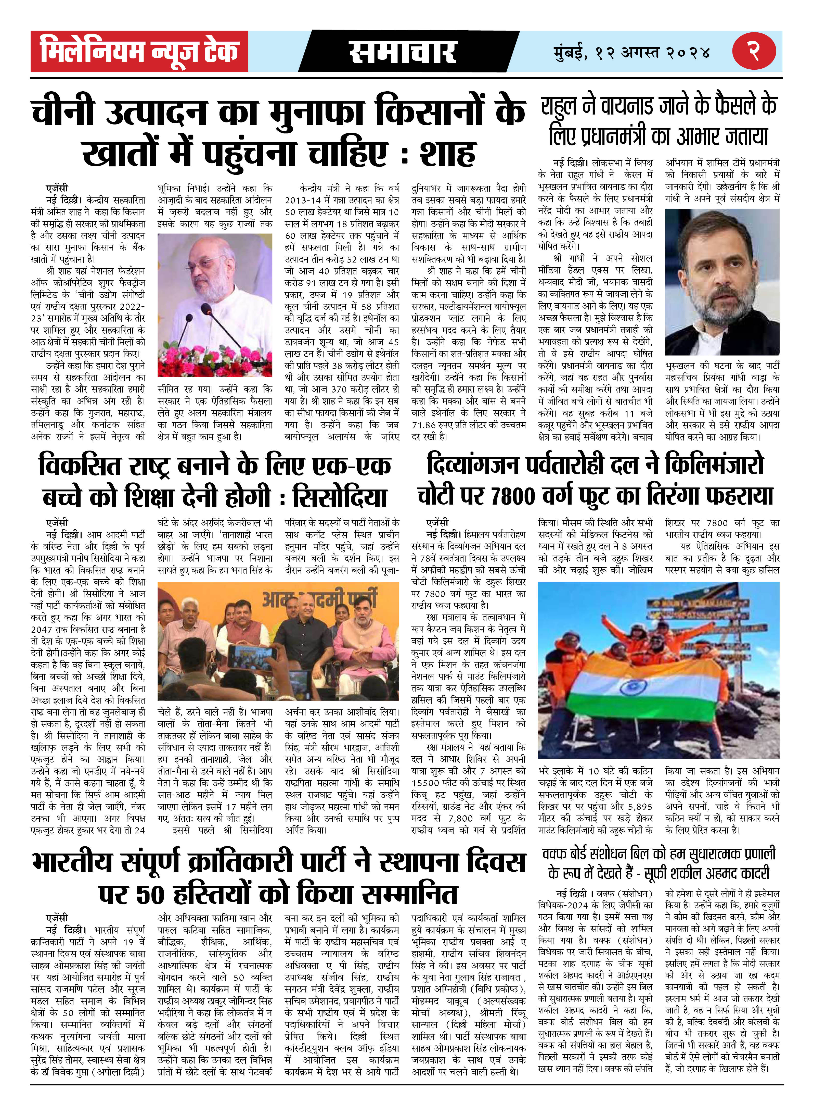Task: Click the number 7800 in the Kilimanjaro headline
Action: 512,496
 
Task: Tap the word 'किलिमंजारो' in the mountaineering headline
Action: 714,465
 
